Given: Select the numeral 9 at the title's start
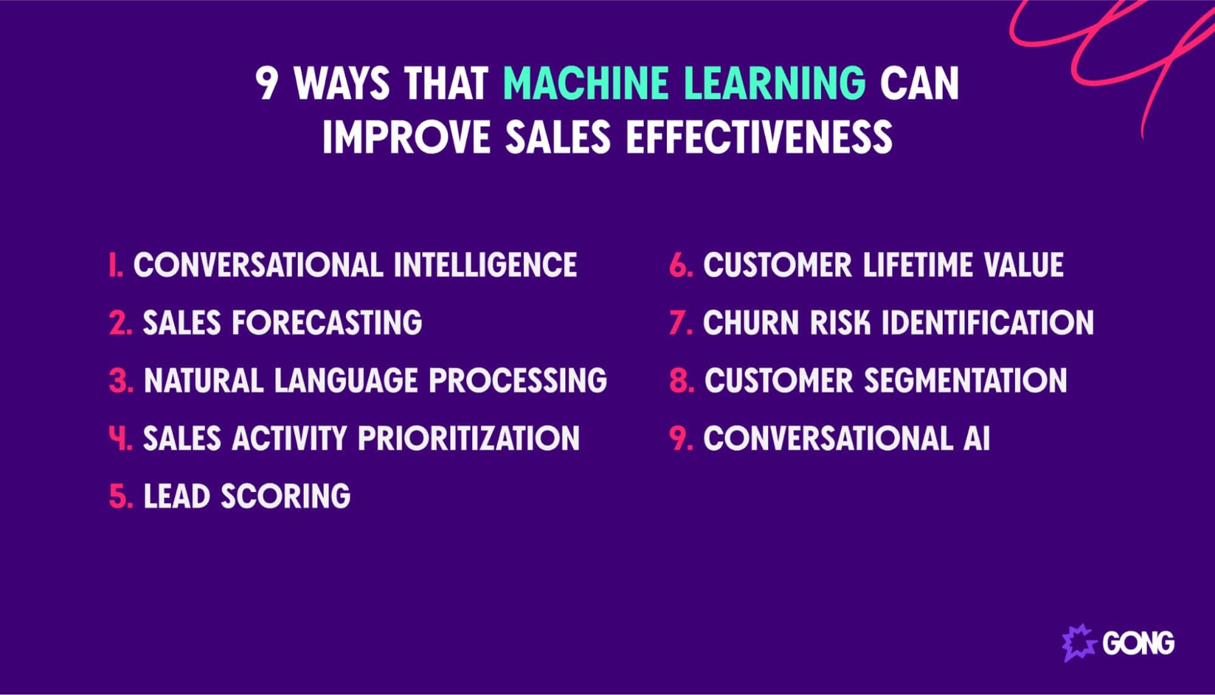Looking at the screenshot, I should [x=267, y=84].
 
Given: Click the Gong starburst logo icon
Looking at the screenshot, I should [x=1079, y=643].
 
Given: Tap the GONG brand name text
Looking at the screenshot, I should [x=1138, y=643].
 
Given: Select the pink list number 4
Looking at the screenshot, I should [x=119, y=438].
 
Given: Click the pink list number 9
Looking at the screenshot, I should [x=680, y=438].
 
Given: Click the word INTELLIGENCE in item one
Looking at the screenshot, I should [x=484, y=265].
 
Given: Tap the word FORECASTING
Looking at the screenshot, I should [x=326, y=323].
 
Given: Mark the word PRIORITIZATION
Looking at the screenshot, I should [x=469, y=438].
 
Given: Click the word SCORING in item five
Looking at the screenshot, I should [x=285, y=496].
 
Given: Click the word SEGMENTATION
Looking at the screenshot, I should [x=965, y=381].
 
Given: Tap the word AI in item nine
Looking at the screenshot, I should [x=976, y=438].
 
